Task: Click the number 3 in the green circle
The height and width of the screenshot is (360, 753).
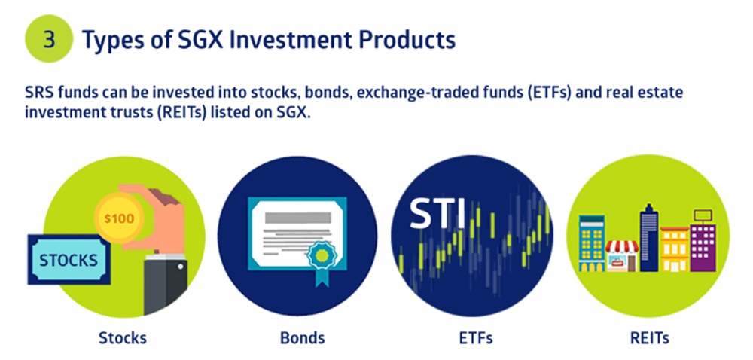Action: (x=50, y=38)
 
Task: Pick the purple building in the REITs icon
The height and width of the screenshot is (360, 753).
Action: (x=703, y=246)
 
